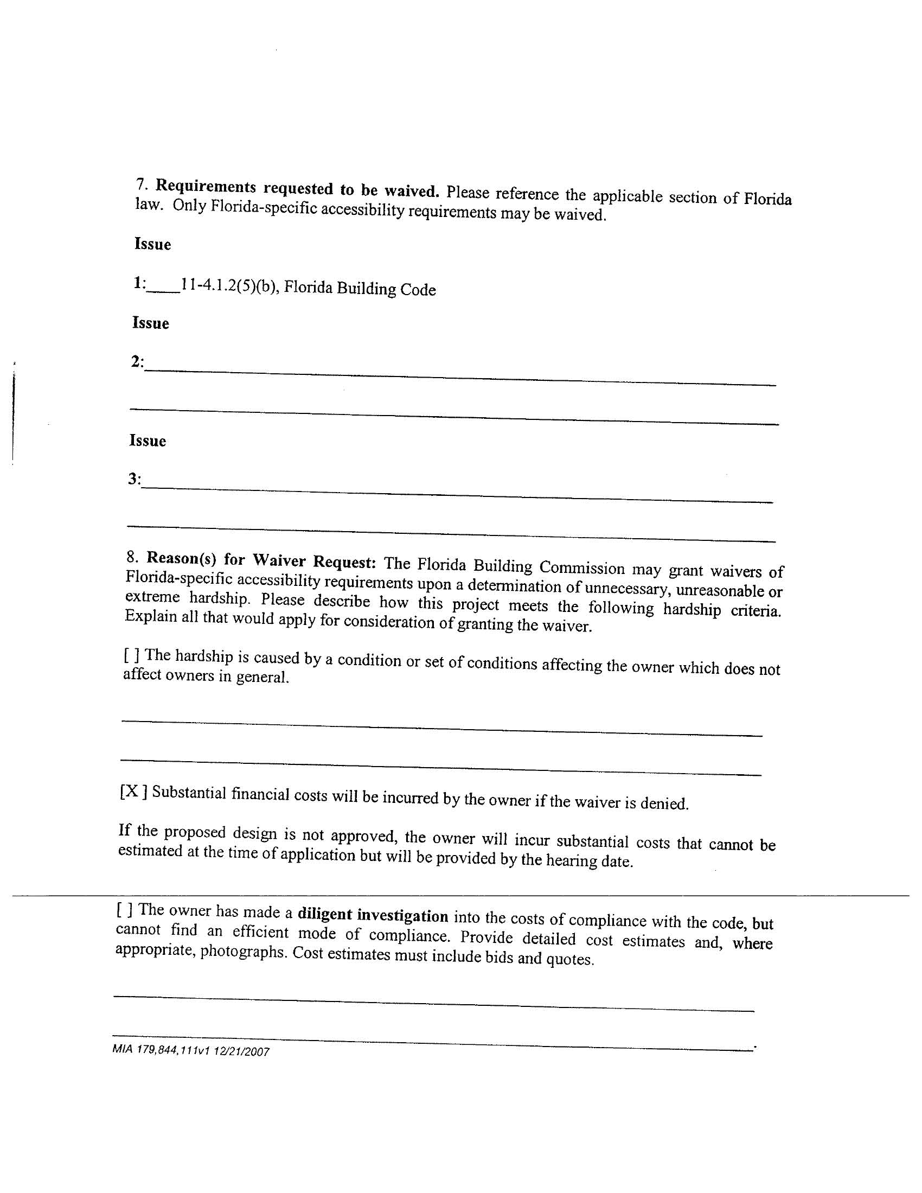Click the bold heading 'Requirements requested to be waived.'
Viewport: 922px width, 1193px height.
[x=297, y=188]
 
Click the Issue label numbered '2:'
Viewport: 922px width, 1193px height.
[x=137, y=362]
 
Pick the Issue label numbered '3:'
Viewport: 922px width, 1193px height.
[x=135, y=479]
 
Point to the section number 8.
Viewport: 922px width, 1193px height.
[x=132, y=557]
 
